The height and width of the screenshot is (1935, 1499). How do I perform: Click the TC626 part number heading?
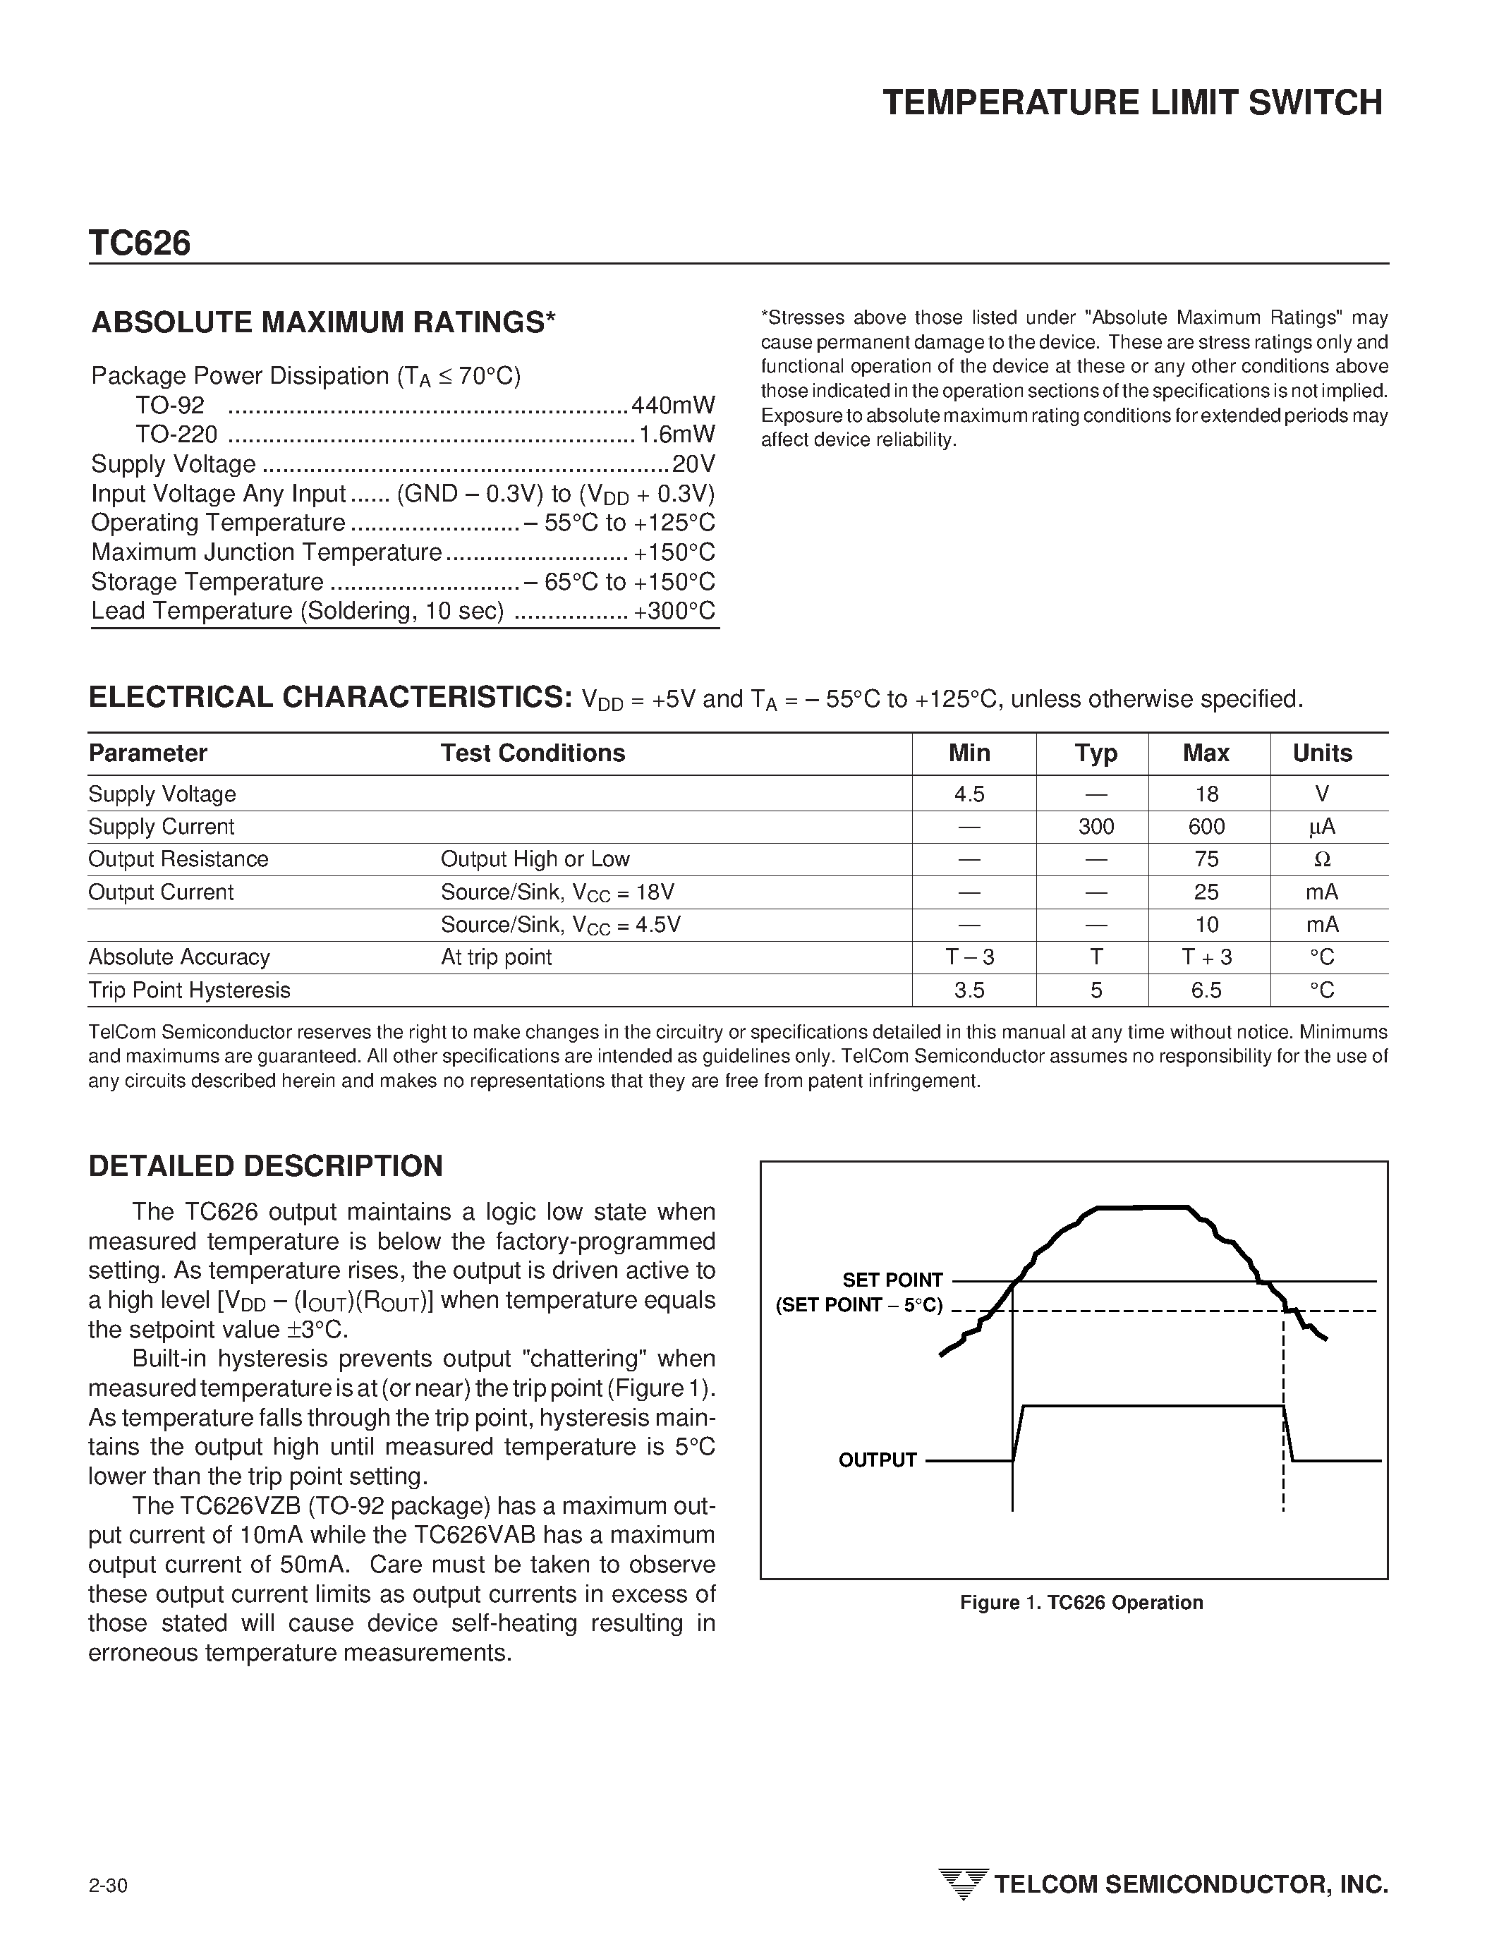(x=139, y=243)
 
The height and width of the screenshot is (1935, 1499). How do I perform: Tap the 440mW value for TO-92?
(x=672, y=406)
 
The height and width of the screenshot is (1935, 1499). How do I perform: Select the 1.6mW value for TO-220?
(x=677, y=435)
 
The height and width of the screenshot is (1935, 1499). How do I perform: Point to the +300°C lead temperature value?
(x=674, y=612)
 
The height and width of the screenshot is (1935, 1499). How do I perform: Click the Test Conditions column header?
(x=533, y=753)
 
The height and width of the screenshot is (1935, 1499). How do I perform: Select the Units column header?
(x=1322, y=753)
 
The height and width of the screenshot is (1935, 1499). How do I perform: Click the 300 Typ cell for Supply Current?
(x=1096, y=827)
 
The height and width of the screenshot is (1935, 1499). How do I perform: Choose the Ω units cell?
(x=1322, y=859)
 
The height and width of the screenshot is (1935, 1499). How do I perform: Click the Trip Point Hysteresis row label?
(x=189, y=990)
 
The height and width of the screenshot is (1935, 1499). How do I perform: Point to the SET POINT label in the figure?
(x=892, y=1280)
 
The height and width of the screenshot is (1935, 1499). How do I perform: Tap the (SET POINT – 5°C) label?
(x=858, y=1306)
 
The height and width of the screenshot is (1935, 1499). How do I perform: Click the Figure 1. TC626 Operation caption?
(x=1081, y=1603)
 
